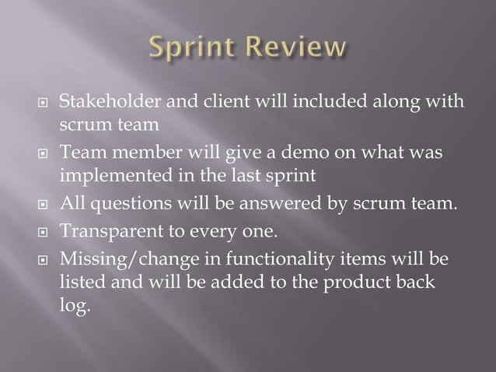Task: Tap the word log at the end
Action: (x=74, y=306)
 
